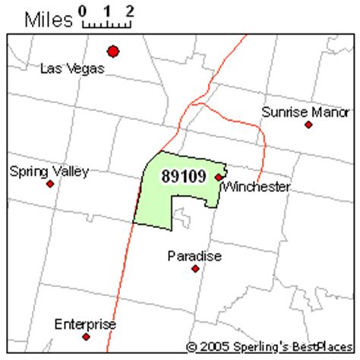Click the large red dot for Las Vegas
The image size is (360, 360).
pyautogui.click(x=113, y=52)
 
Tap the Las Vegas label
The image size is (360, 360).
pyautogui.click(x=72, y=68)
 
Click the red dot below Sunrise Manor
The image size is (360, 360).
pyautogui.click(x=308, y=125)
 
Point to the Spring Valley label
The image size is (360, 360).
pyautogui.click(x=49, y=171)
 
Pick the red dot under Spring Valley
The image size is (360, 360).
pyautogui.click(x=50, y=184)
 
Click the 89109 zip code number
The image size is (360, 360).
pyautogui.click(x=184, y=175)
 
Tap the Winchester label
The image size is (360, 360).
pyautogui.click(x=257, y=186)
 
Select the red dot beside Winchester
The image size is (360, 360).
pyautogui.click(x=219, y=177)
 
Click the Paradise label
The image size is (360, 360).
pyautogui.click(x=194, y=256)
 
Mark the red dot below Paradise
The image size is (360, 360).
pyautogui.click(x=195, y=269)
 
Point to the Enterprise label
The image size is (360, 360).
pyautogui.click(x=85, y=324)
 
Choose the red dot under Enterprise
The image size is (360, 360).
pyautogui.click(x=86, y=336)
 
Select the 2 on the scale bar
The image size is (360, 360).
pyautogui.click(x=130, y=11)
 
